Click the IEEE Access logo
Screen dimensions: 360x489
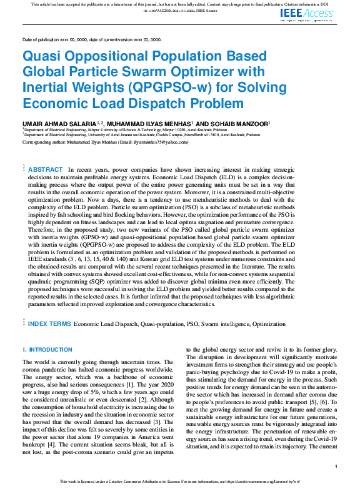pyautogui.click(x=314, y=12)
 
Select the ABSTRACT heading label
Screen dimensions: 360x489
pyautogui.click(x=46, y=170)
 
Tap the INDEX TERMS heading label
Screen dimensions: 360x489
pyautogui.click(x=49, y=324)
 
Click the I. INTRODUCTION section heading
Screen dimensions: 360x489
pyautogui.click(x=47, y=350)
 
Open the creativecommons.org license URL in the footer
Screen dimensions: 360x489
pyautogui.click(x=262, y=482)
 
